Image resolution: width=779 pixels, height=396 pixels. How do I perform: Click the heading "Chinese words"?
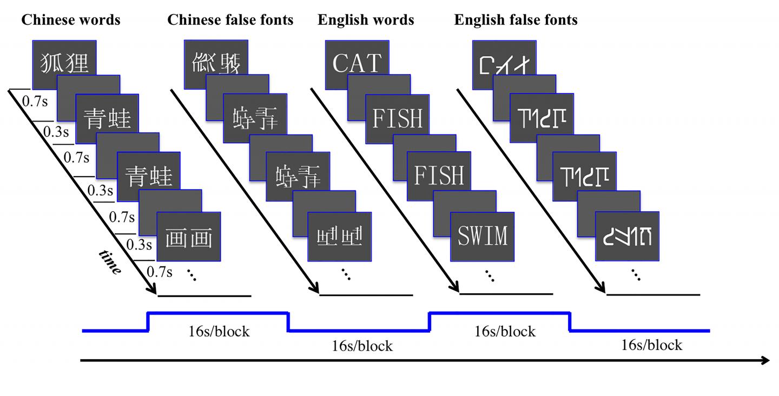pyautogui.click(x=70, y=21)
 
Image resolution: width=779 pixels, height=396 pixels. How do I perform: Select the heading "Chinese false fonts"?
pyautogui.click(x=230, y=21)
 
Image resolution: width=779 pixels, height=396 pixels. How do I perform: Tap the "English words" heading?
pyautogui.click(x=366, y=21)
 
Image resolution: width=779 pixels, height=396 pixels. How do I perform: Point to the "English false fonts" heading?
pyautogui.click(x=516, y=21)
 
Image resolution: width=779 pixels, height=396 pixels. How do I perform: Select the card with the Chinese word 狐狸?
pyautogui.click(x=64, y=63)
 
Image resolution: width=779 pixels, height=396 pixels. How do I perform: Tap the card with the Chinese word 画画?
pyautogui.click(x=189, y=237)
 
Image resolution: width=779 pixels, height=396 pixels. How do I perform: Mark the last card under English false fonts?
pyautogui.click(x=627, y=236)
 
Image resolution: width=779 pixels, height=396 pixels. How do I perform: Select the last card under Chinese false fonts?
pyautogui.click(x=339, y=236)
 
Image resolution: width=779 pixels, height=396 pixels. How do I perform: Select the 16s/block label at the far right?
pyautogui.click(x=652, y=345)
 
